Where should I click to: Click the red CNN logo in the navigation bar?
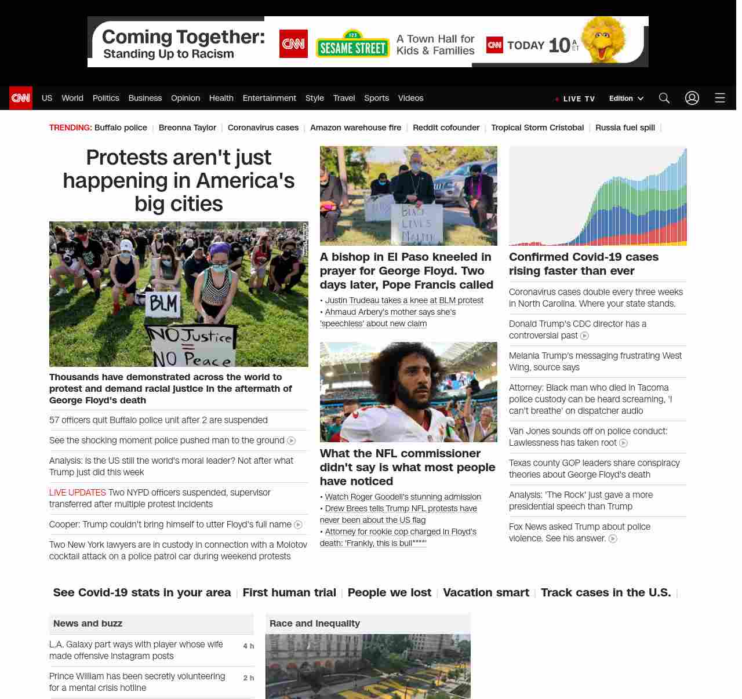click(x=21, y=98)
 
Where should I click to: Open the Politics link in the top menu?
click(x=106, y=98)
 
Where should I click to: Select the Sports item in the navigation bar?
click(x=376, y=98)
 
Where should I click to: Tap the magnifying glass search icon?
click(x=664, y=98)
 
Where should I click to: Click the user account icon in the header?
click(x=692, y=98)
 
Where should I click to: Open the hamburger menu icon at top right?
click(x=720, y=98)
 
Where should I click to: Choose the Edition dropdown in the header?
click(x=626, y=99)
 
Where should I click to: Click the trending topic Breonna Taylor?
click(x=187, y=128)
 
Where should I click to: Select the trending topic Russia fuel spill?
click(x=625, y=128)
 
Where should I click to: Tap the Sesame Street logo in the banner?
click(x=352, y=44)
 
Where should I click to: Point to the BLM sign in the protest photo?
click(x=163, y=303)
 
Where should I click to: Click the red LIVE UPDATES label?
click(x=78, y=493)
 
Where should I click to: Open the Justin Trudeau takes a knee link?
click(x=404, y=300)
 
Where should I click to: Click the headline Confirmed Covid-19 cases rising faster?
click(x=584, y=264)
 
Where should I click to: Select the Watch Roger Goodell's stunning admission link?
click(x=403, y=497)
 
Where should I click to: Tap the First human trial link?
click(x=289, y=592)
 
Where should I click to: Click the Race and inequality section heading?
click(x=315, y=623)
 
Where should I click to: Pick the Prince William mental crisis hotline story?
click(x=137, y=682)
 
